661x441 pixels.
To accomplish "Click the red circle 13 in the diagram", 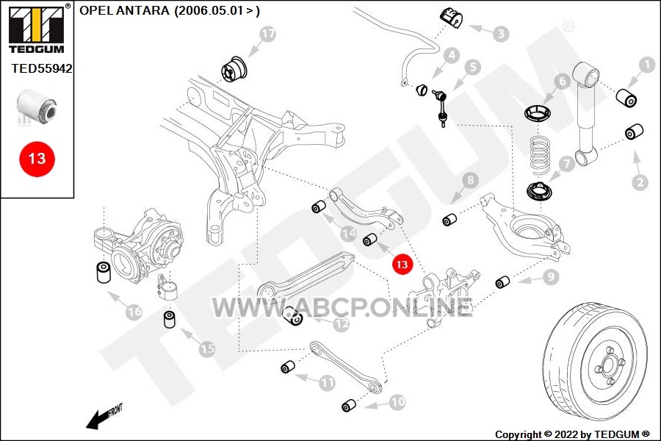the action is pyautogui.click(x=402, y=264).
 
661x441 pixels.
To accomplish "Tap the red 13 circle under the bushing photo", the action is pyautogui.click(x=37, y=159).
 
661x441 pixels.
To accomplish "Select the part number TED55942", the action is pyautogui.click(x=42, y=68).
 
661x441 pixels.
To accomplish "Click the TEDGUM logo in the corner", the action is pyautogui.click(x=37, y=29).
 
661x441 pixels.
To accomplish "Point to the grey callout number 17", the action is pyautogui.click(x=268, y=34).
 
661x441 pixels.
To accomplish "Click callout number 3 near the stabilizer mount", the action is pyautogui.click(x=501, y=33).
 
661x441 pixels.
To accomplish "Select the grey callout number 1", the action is pyautogui.click(x=646, y=65).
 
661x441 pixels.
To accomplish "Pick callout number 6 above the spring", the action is pyautogui.click(x=562, y=80).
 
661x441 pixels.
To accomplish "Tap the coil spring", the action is pyautogui.click(x=540, y=154).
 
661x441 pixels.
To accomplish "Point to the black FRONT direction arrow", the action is pyautogui.click(x=104, y=417).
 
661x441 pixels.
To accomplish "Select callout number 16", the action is pyautogui.click(x=134, y=312).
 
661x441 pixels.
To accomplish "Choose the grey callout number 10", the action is pyautogui.click(x=397, y=402).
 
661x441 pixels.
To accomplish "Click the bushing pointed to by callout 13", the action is pyautogui.click(x=369, y=240).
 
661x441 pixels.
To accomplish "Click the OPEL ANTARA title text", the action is pyautogui.click(x=170, y=10).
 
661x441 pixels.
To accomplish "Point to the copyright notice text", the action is pyautogui.click(x=572, y=434).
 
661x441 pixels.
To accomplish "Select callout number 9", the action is pyautogui.click(x=550, y=277).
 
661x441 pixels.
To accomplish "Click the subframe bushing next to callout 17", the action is pyautogui.click(x=236, y=69).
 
